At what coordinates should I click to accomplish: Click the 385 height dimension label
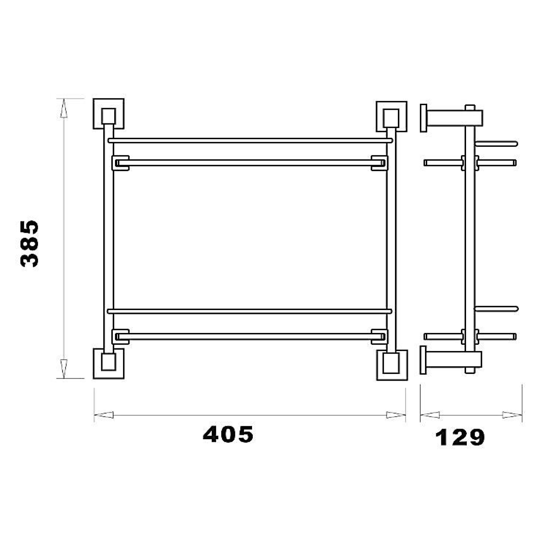pos(29,243)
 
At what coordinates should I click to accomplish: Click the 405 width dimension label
pos(228,434)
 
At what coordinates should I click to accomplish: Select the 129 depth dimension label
pos(459,437)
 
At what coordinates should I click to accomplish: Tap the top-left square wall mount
pos(108,114)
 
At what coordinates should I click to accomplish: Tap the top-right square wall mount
pos(391,116)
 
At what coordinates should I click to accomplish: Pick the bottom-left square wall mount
pos(108,363)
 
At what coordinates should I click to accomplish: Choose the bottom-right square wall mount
pos(392,365)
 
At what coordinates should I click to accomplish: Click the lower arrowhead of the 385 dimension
pos(63,368)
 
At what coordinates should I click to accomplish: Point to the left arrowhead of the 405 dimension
pos(104,415)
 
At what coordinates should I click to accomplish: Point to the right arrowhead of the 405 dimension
pos(396,415)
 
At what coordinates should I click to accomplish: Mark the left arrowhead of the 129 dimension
pos(430,415)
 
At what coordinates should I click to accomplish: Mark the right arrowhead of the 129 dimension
pos(512,415)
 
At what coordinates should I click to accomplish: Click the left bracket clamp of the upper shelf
pos(120,163)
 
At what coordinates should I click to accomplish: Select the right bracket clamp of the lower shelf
pos(379,337)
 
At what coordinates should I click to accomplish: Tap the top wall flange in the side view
pos(423,118)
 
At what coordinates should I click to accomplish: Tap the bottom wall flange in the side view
pos(423,360)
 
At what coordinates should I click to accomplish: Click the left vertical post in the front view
pos(108,239)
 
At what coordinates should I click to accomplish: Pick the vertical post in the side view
pos(470,239)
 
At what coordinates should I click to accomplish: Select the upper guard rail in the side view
pos(496,144)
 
